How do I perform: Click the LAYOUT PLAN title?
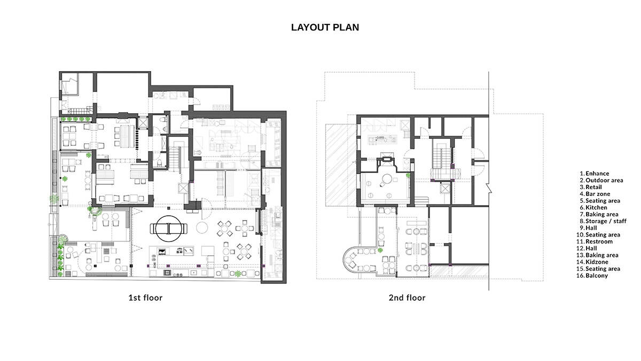(x=325, y=27)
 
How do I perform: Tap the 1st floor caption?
(x=145, y=298)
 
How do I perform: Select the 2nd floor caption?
(x=407, y=298)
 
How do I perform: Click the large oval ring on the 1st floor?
(x=169, y=216)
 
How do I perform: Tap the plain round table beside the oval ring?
(x=202, y=227)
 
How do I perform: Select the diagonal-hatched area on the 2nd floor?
(x=341, y=165)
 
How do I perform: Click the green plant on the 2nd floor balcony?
(x=380, y=250)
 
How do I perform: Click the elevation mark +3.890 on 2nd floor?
(x=380, y=138)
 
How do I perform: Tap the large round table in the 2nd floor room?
(x=387, y=179)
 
